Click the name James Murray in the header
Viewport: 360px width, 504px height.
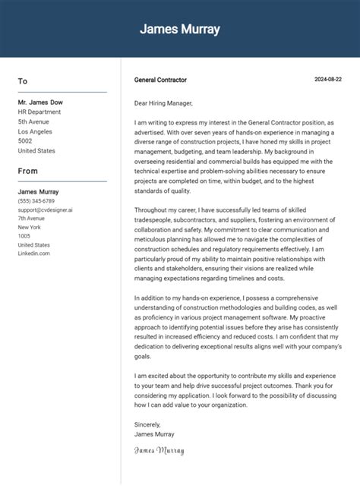pos(180,30)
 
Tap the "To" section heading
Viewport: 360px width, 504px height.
pos(23,81)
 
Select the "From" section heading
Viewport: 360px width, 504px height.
pos(28,172)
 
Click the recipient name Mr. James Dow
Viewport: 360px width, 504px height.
pos(41,102)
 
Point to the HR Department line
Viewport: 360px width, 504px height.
pos(39,112)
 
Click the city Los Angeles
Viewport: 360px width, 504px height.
pos(35,131)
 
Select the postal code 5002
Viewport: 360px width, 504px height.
pos(25,141)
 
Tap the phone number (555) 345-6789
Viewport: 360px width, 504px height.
pos(36,201)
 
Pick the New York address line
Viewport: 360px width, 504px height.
pos(29,228)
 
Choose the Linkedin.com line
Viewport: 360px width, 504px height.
pos(34,254)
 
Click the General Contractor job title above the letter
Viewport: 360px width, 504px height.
pos(160,80)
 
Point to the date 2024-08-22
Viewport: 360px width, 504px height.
pos(328,80)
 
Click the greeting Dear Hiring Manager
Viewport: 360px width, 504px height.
pos(163,103)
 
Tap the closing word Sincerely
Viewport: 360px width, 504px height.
pos(147,425)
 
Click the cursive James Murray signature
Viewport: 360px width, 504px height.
pos(159,451)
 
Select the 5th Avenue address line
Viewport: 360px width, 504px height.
pos(33,121)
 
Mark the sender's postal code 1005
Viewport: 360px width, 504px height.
pos(24,236)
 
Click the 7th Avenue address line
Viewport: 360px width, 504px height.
pos(31,219)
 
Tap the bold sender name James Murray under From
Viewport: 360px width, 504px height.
pos(39,192)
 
